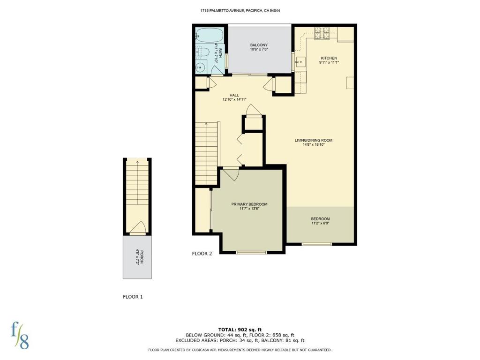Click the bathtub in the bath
click(x=210, y=36)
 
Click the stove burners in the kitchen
click(x=322, y=33)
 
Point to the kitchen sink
click(x=300, y=62)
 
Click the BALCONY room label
click(x=259, y=45)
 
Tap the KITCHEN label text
click(x=329, y=58)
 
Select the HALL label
click(x=234, y=95)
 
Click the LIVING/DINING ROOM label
click(x=314, y=141)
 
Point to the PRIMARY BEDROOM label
click(x=249, y=204)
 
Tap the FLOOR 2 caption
click(x=202, y=254)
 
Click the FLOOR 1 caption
click(x=133, y=297)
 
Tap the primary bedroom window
click(x=251, y=253)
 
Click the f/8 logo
click(x=20, y=336)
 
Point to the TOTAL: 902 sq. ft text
click(x=240, y=330)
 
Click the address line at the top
click(x=240, y=10)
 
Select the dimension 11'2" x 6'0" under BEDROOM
click(x=320, y=223)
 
